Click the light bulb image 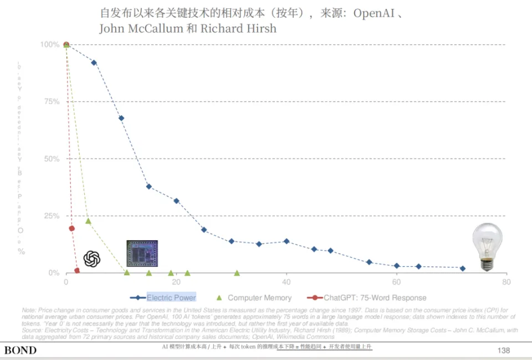click(487, 247)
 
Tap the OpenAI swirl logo click(92, 259)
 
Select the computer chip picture click(142, 254)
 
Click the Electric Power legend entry click(171, 297)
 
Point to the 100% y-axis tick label click(50, 44)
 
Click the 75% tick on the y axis click(52, 101)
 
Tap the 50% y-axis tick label click(52, 159)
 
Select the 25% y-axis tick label click(52, 216)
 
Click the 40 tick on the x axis click(287, 282)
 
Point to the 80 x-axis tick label click(506, 282)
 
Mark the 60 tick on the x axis click(396, 282)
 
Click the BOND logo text click(21, 350)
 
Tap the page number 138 click(504, 350)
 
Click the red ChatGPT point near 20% click(71, 228)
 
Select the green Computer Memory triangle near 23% click(88, 221)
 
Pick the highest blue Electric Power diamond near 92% click(94, 63)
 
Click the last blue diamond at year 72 click(463, 268)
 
